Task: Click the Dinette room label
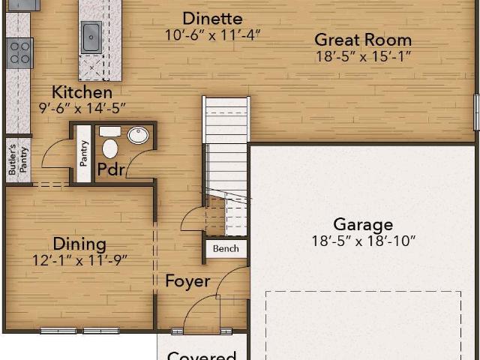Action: click(x=213, y=18)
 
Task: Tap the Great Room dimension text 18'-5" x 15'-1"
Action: click(x=363, y=56)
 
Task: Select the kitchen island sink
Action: click(x=91, y=37)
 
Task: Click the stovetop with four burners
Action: click(x=19, y=53)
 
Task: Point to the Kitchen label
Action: click(x=82, y=92)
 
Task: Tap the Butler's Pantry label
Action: click(x=19, y=160)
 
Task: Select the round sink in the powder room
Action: click(x=138, y=135)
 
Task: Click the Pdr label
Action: click(x=111, y=169)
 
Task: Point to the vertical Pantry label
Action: click(x=83, y=153)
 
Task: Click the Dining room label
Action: click(x=79, y=244)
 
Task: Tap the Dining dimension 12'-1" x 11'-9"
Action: click(x=79, y=260)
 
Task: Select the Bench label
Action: click(x=226, y=248)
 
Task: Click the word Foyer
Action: click(x=187, y=281)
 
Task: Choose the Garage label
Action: click(x=363, y=224)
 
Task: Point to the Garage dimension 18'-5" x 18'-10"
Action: click(x=363, y=241)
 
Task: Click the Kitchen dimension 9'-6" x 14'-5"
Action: click(x=82, y=108)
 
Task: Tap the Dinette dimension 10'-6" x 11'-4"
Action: click(x=212, y=35)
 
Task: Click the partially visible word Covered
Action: click(x=202, y=355)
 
